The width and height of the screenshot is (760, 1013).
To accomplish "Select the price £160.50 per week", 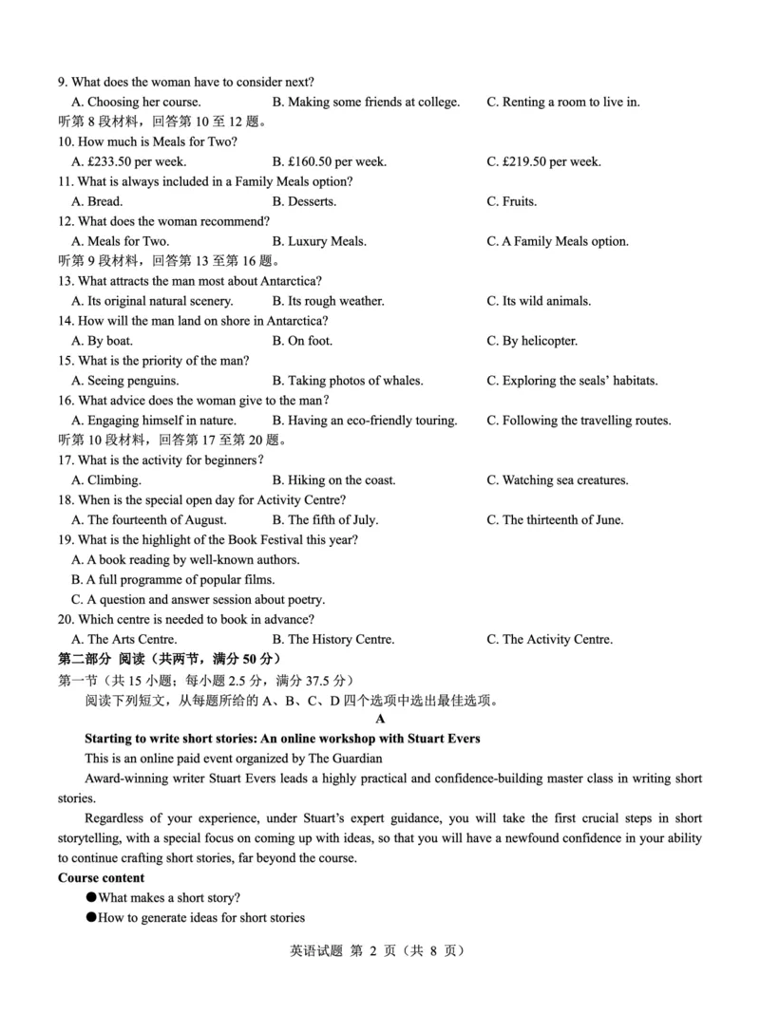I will pos(329,161).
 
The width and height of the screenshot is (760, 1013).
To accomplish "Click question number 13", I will pos(66,281).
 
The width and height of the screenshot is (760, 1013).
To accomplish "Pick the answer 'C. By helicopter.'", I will pos(532,341).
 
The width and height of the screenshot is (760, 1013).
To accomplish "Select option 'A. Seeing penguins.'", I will pos(130,381).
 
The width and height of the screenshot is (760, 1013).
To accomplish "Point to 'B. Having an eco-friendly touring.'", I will pos(364,421).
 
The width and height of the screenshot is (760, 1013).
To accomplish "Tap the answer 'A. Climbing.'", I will pos(106,480).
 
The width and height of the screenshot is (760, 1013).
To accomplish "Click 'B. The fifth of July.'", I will pos(325,520).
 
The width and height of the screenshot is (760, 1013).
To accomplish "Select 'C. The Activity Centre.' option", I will pos(550,640).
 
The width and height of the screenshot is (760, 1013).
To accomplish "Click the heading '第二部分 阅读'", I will pos(110,659).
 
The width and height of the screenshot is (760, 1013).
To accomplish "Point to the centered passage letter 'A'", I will pos(380,720).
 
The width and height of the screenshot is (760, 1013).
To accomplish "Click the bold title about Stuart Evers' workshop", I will pos(282,739).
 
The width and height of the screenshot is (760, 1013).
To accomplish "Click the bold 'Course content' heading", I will pos(102,878).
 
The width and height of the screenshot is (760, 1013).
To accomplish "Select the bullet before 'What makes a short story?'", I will pos(91,898).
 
